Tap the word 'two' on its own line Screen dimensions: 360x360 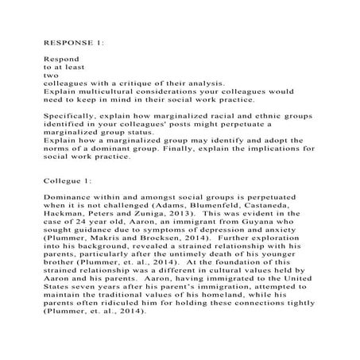[x=50, y=76]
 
